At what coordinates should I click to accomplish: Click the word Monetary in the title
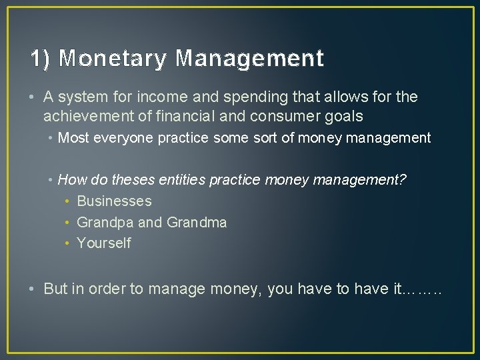(x=112, y=59)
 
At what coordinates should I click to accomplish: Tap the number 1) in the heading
(x=40, y=59)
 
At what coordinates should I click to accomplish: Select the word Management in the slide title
(x=249, y=59)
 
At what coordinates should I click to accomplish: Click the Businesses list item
(x=114, y=201)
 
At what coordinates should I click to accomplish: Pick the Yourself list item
(x=104, y=243)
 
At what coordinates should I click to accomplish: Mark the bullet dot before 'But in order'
(x=33, y=289)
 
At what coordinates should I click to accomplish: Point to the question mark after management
(x=402, y=180)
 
